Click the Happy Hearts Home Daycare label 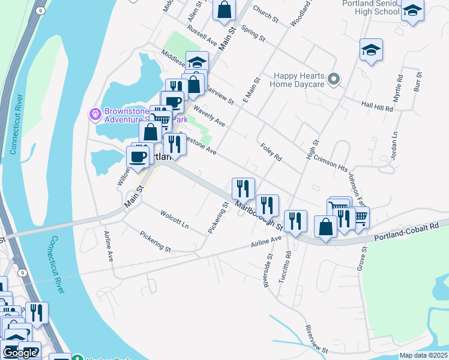pyautogui.click(x=298, y=80)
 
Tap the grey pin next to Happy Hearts pyautogui.click(x=335, y=79)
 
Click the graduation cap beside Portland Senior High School pyautogui.click(x=412, y=10)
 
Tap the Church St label pyautogui.click(x=266, y=16)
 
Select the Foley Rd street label pyautogui.click(x=271, y=152)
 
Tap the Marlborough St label pyautogui.click(x=259, y=215)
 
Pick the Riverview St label pyautogui.click(x=316, y=339)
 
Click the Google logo pyautogui.click(x=19, y=353)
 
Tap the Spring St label pyautogui.click(x=253, y=33)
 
